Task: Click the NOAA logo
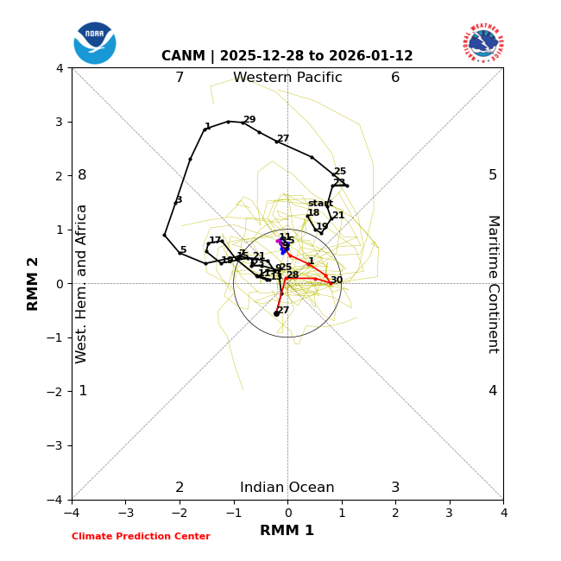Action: [95, 42]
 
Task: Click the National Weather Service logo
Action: [483, 42]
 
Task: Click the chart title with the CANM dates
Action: [287, 56]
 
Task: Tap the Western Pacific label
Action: [287, 78]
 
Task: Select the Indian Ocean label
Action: [287, 488]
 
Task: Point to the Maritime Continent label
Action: [493, 284]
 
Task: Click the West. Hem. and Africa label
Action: [82, 284]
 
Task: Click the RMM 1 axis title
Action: [287, 531]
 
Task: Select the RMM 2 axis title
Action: [34, 284]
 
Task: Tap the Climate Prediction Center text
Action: [141, 537]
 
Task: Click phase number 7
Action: [180, 78]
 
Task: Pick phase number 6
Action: [395, 78]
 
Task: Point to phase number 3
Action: [395, 488]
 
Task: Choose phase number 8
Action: [82, 175]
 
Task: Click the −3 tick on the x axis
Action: [125, 514]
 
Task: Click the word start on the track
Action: [320, 204]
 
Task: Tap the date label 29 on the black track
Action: [249, 120]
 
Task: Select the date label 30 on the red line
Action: [337, 280]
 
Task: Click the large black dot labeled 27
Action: [276, 313]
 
